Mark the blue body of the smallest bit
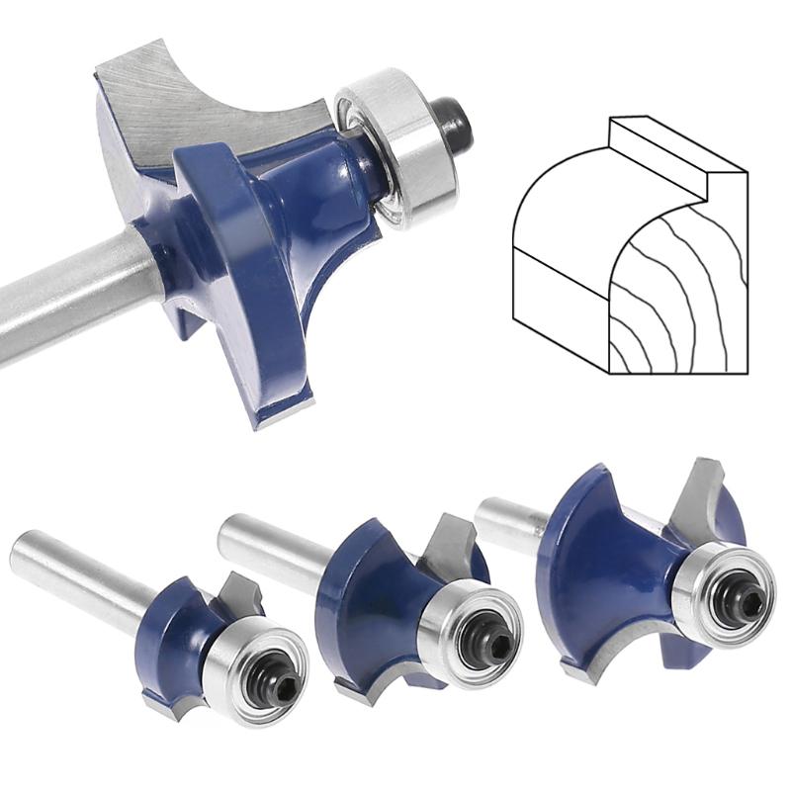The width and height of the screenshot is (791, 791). tap(178, 633)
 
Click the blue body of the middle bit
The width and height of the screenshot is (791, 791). tap(366, 603)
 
